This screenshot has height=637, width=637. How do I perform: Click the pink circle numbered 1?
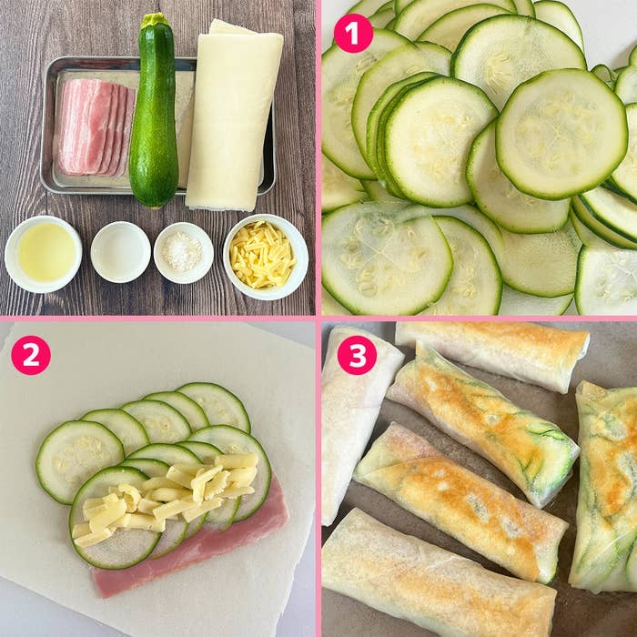pyautogui.click(x=353, y=34)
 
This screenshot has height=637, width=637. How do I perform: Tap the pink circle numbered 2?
pyautogui.click(x=31, y=355)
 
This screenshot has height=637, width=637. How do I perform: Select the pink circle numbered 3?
pyautogui.click(x=357, y=355)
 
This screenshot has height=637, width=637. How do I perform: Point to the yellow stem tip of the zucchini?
pyautogui.click(x=155, y=19)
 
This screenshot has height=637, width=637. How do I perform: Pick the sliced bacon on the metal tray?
pyautogui.click(x=95, y=126)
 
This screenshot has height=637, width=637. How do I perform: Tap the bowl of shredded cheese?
pyautogui.click(x=266, y=257)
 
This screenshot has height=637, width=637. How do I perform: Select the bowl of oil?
pyautogui.click(x=44, y=254)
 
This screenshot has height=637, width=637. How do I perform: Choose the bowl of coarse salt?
pyautogui.click(x=184, y=252)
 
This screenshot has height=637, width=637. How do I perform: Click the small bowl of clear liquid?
pyautogui.click(x=121, y=252)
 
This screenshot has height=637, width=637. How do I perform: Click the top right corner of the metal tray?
pyautogui.click(x=273, y=61)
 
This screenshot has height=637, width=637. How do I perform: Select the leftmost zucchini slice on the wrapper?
pyautogui.click(x=79, y=462)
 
